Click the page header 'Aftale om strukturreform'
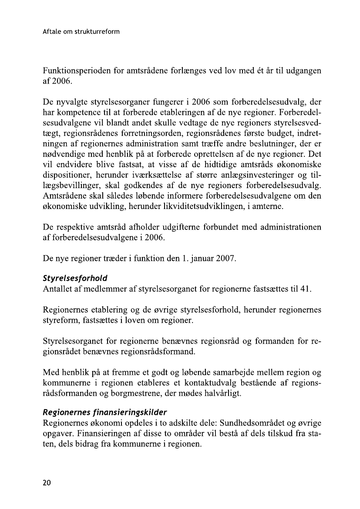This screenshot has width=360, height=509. pyautogui.click(x=81, y=32)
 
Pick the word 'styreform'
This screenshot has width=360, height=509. pyautogui.click(x=60, y=321)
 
